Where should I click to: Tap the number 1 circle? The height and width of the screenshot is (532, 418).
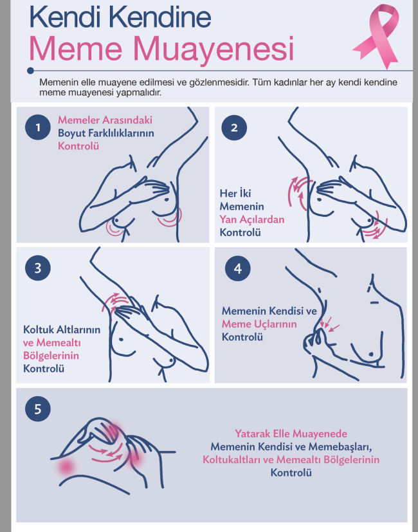pos(38,127)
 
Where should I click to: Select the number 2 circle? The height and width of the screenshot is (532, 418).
pos(234,127)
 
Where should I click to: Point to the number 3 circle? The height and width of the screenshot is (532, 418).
pos(38,268)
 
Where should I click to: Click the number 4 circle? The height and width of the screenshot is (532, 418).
pos(237,269)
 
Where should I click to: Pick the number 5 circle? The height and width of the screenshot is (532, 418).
pos(38,409)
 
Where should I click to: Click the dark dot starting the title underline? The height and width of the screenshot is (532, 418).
pos(30,71)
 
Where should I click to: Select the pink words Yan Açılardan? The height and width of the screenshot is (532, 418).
pos(251,220)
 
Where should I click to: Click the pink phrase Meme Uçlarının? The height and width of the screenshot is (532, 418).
pos(259,324)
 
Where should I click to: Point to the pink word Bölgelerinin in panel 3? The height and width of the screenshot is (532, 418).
pos(51,356)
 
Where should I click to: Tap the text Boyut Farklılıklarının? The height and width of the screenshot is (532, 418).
pos(106,133)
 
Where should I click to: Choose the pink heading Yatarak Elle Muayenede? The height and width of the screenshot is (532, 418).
pos(291,434)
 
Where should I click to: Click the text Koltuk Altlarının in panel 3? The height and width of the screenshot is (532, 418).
pos(62,329)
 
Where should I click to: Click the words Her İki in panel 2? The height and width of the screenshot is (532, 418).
pos(235,194)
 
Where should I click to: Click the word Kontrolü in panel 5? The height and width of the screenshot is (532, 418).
pos(291,473)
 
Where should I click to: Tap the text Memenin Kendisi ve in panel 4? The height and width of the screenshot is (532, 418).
pos(269,311)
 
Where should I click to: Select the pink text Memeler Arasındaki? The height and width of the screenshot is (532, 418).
pos(105,120)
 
